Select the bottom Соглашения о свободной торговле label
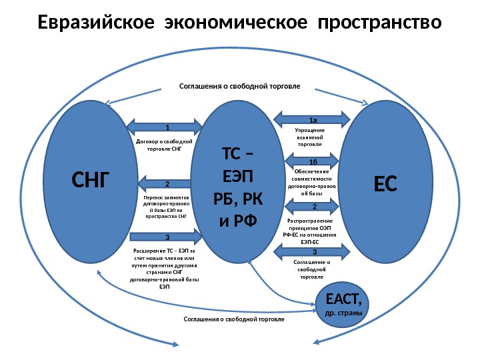point(233,319)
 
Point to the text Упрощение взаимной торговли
point(309,137)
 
